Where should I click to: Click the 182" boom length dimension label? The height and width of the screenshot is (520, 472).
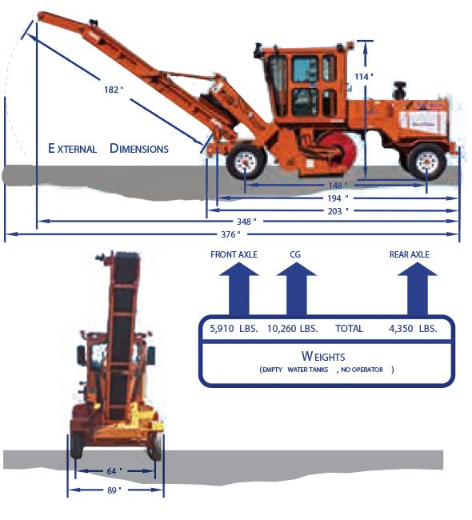(x=114, y=90)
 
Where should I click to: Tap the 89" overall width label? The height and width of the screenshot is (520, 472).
(x=114, y=490)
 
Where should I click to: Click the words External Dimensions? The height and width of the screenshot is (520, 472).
(x=108, y=149)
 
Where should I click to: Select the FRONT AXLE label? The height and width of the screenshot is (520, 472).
(x=234, y=254)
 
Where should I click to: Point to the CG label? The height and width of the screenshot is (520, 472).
(x=295, y=254)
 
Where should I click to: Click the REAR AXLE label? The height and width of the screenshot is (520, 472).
(x=410, y=254)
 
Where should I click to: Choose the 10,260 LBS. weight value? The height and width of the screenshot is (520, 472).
(x=292, y=329)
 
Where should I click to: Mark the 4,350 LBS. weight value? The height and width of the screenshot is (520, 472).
(x=413, y=329)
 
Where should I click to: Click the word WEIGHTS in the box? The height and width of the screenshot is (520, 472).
(x=323, y=356)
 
